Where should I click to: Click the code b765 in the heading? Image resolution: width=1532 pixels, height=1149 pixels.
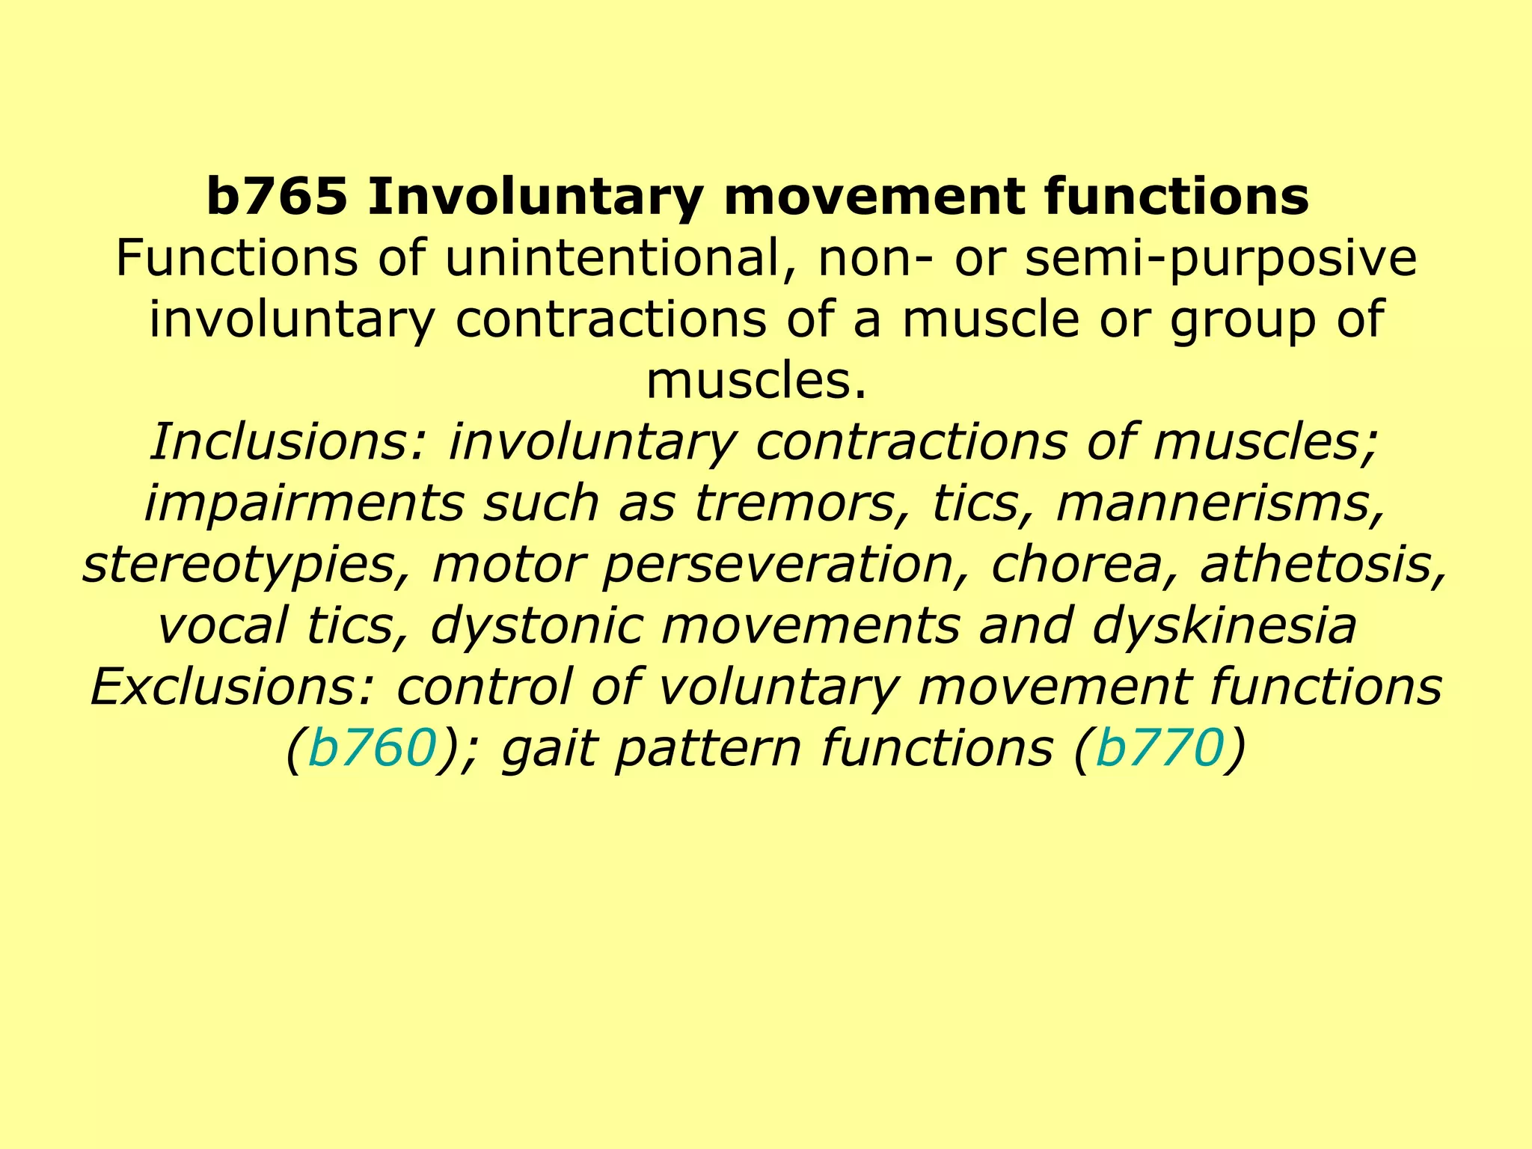(277, 197)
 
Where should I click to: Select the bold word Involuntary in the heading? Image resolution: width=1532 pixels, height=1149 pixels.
(535, 197)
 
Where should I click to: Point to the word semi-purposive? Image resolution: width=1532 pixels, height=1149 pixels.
(1220, 259)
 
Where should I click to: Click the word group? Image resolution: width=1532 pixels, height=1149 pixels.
(1242, 320)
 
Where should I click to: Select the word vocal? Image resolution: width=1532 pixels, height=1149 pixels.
(222, 626)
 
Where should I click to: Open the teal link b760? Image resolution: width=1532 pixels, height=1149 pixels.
(372, 749)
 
